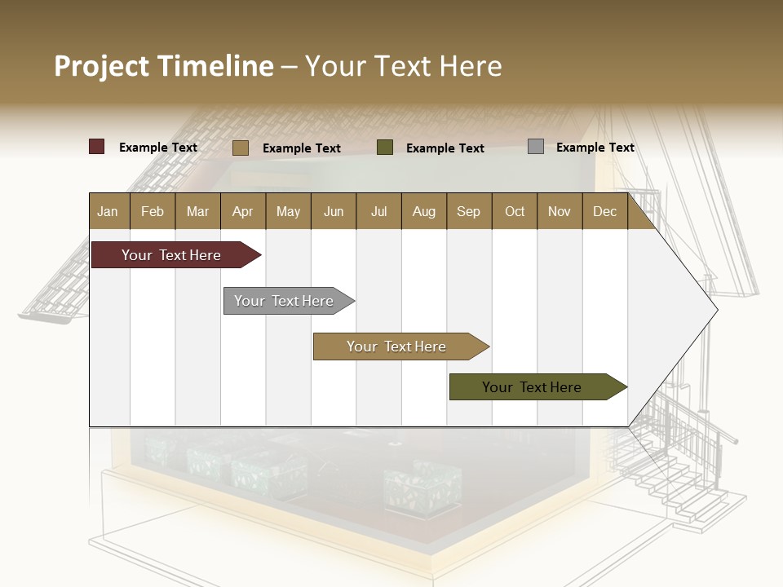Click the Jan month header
click(x=108, y=211)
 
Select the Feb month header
click(x=153, y=211)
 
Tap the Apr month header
click(x=242, y=211)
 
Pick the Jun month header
click(x=334, y=211)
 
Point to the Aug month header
click(x=423, y=211)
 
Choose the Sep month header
click(x=468, y=211)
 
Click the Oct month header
click(x=515, y=211)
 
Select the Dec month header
click(x=604, y=211)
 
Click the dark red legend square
click(x=97, y=147)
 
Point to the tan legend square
click(x=240, y=148)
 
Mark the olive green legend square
click(x=385, y=147)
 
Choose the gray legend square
click(x=536, y=147)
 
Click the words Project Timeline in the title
click(x=163, y=66)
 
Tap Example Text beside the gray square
click(x=595, y=148)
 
